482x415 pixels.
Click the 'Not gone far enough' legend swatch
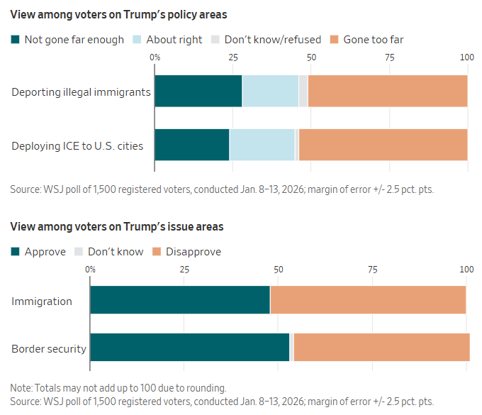[15, 40]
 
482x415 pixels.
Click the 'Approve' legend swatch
[15, 252]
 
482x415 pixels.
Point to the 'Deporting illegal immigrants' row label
[81, 92]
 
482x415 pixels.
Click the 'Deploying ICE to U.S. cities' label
[77, 146]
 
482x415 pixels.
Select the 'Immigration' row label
[42, 301]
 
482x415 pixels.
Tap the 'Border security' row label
[49, 348]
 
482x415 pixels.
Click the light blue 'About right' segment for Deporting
[270, 91]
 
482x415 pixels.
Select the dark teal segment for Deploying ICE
[192, 145]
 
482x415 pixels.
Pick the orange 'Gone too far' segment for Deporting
[388, 91]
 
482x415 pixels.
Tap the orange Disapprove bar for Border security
[381, 347]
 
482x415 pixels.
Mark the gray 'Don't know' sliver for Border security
[291, 347]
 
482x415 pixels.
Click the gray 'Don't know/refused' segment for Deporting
[303, 91]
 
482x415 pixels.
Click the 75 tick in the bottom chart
[372, 270]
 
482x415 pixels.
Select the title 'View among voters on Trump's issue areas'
[117, 227]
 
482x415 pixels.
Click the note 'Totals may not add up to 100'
[118, 388]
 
